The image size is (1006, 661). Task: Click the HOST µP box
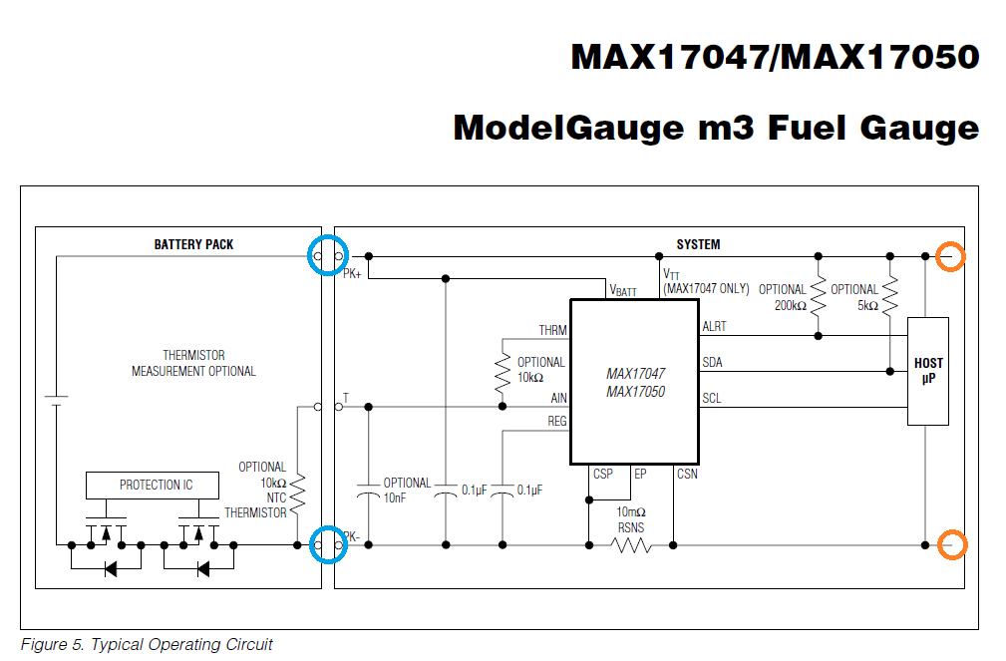(x=927, y=371)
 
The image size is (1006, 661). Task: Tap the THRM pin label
(x=552, y=330)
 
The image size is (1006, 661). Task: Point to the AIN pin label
(x=557, y=397)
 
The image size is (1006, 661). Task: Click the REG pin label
(x=556, y=422)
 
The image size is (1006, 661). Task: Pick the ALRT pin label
(x=715, y=326)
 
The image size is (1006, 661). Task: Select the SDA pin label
(x=712, y=362)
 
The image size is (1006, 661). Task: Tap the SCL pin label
(x=711, y=398)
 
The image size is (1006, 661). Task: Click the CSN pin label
(x=687, y=475)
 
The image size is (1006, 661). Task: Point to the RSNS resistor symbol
(x=631, y=545)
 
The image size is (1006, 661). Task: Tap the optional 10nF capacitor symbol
(x=369, y=493)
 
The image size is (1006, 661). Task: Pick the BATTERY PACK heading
(x=193, y=244)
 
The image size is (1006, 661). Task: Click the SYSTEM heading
(x=698, y=244)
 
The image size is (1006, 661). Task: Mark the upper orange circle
(x=951, y=257)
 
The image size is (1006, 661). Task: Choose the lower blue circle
(x=328, y=544)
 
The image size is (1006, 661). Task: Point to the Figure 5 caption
(x=147, y=644)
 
